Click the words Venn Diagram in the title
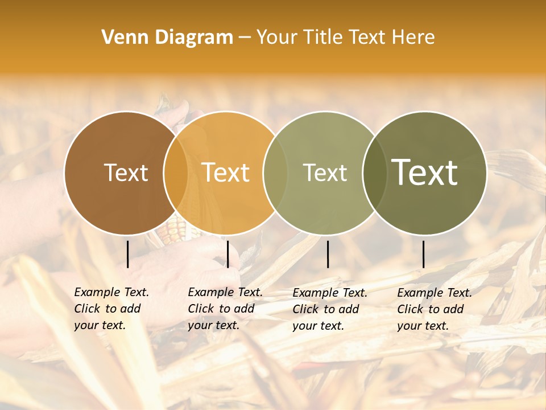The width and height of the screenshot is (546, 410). pyautogui.click(x=167, y=38)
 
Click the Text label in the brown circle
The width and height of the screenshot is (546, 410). pyautogui.click(x=126, y=173)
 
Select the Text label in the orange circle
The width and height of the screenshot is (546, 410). pyautogui.click(x=226, y=173)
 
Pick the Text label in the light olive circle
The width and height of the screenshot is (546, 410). pyautogui.click(x=325, y=173)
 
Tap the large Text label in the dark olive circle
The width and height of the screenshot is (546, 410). pyautogui.click(x=425, y=173)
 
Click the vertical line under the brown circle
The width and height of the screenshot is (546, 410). pyautogui.click(x=128, y=254)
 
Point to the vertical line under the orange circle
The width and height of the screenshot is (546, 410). pyautogui.click(x=227, y=254)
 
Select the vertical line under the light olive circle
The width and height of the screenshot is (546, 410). pyautogui.click(x=328, y=254)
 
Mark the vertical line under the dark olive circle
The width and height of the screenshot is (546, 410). pyautogui.click(x=424, y=254)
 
